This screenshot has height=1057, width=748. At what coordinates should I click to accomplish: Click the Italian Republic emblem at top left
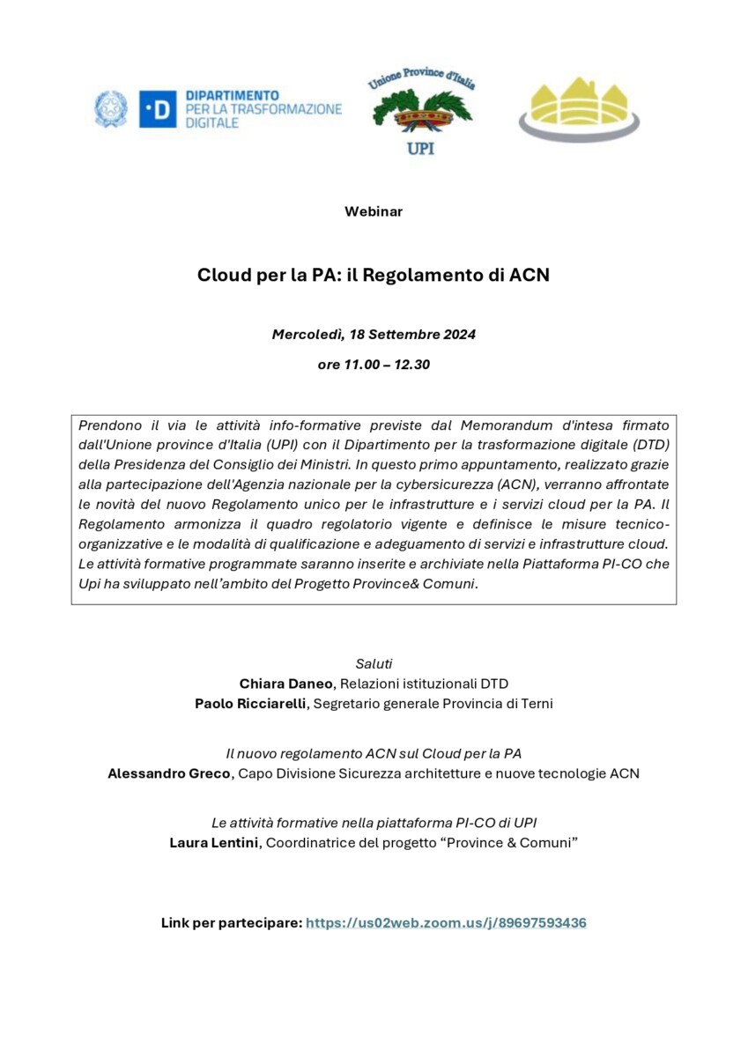(111, 109)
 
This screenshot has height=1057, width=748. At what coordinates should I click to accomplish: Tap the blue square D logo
(158, 109)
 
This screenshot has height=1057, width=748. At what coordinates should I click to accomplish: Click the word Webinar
(374, 211)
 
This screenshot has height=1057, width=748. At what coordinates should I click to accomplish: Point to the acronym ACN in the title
(530, 274)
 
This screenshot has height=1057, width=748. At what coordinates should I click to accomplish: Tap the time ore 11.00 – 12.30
(374, 364)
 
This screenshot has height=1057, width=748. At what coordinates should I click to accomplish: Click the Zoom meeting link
(446, 923)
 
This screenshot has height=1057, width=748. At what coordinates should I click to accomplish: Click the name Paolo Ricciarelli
(251, 704)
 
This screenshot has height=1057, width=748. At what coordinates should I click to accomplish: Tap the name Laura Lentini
(214, 843)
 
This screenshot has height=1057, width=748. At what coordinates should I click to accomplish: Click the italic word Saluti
(374, 663)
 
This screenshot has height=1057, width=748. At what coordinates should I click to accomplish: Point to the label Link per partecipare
(231, 923)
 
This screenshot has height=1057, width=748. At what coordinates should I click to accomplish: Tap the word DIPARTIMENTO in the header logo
(232, 95)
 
